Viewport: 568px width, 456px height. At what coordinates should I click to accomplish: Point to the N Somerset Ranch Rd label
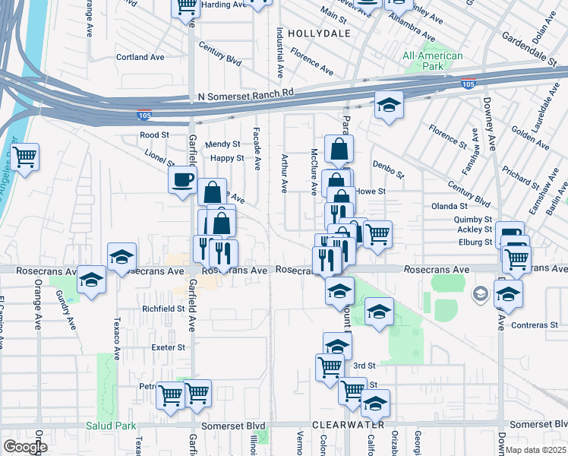coord(245,95)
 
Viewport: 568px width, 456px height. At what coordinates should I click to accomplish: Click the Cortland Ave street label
coord(140,57)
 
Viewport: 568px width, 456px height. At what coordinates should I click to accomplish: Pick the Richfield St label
coord(163,309)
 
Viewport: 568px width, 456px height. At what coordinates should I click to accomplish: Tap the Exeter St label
coord(168,347)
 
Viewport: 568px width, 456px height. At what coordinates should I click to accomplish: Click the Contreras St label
coord(538,325)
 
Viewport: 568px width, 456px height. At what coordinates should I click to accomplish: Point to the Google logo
coord(25,446)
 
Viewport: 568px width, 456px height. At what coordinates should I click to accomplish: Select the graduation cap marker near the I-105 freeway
coord(388,106)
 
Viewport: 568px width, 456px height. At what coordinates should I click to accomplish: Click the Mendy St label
coord(222,144)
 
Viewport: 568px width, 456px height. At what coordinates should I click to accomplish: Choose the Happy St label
coord(227,158)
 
